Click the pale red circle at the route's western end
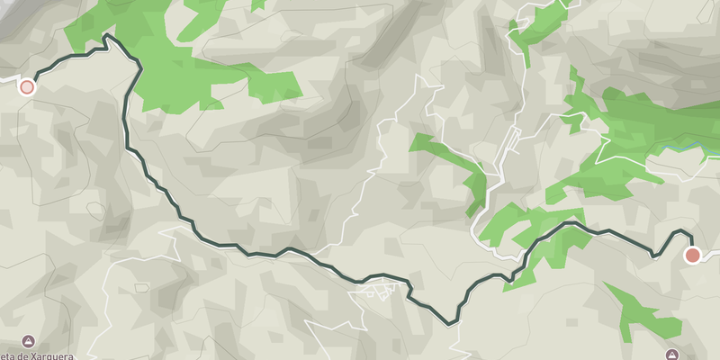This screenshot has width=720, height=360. (27, 87)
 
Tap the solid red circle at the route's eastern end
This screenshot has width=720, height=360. (692, 256)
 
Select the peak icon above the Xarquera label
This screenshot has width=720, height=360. (28, 342)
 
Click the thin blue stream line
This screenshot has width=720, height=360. (679, 147)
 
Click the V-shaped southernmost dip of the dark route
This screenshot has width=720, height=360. (451, 322)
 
